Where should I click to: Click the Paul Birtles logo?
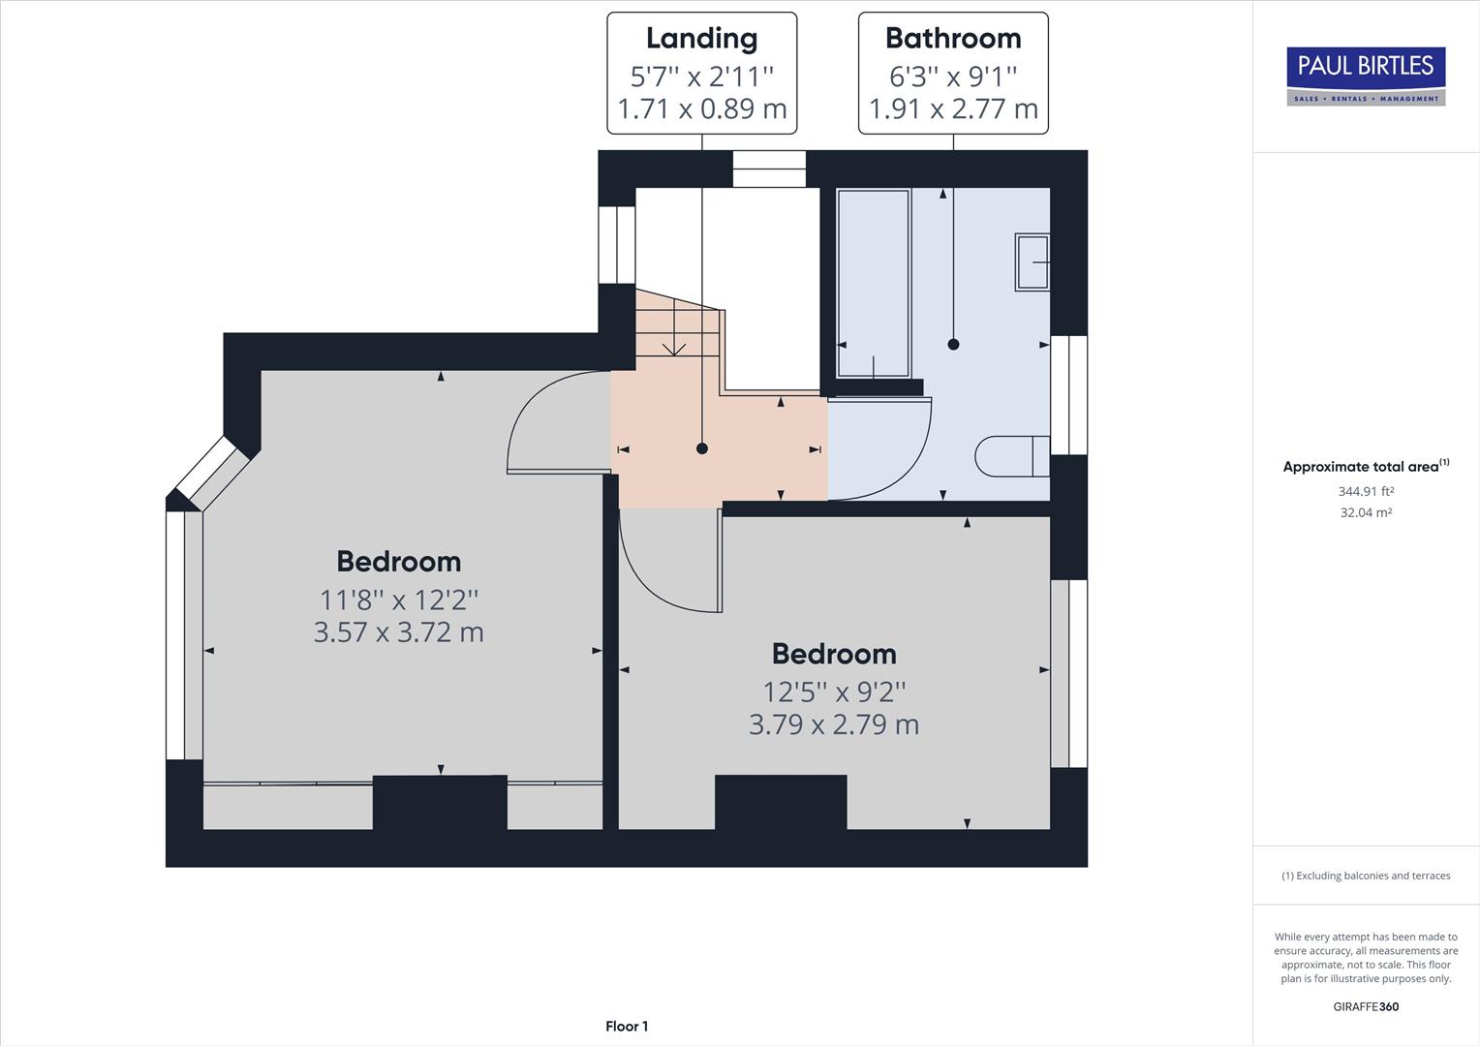tap(1366, 76)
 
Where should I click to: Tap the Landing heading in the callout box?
tap(701, 39)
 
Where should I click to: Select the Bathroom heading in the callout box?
tap(953, 39)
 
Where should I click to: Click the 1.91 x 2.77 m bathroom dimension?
tap(953, 108)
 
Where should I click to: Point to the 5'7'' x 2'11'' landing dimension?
tap(701, 76)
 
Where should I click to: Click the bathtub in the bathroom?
tap(873, 283)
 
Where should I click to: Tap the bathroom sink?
tap(1033, 261)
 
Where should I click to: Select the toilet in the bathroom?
tap(1012, 456)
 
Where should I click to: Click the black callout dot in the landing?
tap(702, 448)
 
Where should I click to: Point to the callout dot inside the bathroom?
tap(953, 344)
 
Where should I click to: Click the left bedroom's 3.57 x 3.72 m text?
tap(398, 632)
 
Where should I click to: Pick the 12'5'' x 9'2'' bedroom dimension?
tap(834, 692)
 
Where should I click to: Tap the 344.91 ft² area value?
tap(1366, 491)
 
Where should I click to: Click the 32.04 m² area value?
tap(1366, 512)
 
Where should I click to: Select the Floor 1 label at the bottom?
tap(627, 1027)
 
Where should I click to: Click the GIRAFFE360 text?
tap(1366, 1006)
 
